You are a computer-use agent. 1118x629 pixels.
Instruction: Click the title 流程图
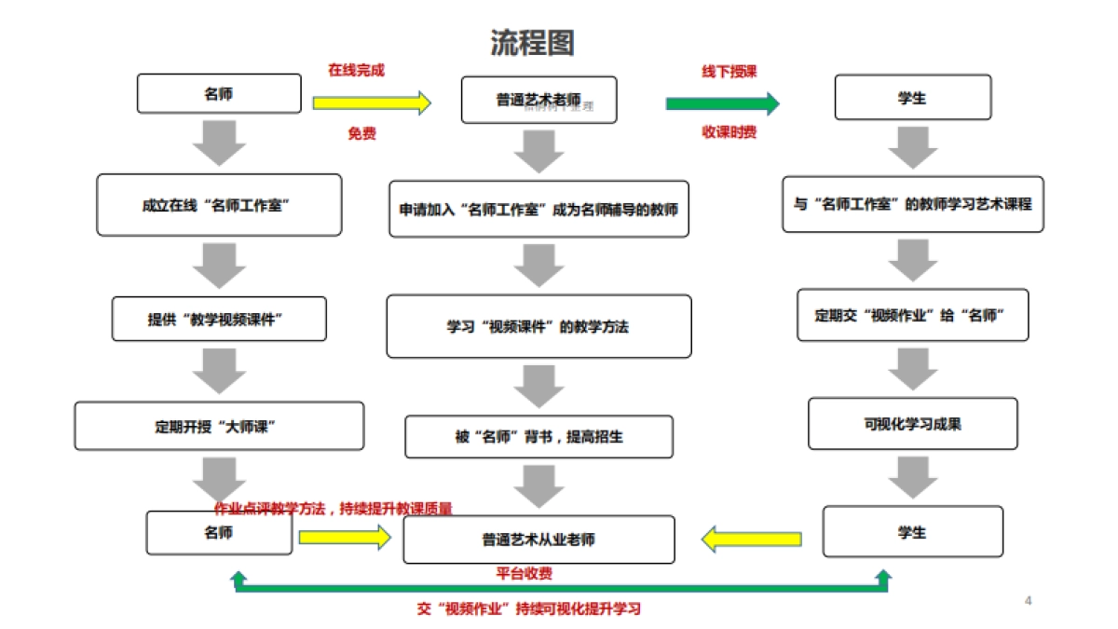coord(533,43)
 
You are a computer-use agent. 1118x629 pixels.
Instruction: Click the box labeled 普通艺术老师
coord(539,100)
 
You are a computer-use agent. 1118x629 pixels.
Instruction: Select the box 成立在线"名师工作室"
coord(219,205)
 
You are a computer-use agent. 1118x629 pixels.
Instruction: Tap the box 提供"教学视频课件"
coord(219,320)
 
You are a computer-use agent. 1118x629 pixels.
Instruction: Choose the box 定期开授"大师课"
coord(219,426)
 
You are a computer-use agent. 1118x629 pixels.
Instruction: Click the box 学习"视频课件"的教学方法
coord(539,327)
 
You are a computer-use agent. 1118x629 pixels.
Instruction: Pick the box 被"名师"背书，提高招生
coord(539,436)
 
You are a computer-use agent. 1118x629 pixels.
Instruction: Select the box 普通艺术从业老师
coord(539,540)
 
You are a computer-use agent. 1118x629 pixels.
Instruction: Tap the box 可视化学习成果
coord(912,424)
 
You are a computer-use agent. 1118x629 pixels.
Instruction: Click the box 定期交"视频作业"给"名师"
coord(912,315)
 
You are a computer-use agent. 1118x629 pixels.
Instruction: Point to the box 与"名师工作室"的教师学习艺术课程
coord(912,204)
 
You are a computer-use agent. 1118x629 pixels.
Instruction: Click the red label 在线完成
coord(356,70)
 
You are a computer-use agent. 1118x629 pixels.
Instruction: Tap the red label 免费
coord(361,134)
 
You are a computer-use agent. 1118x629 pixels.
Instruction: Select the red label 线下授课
coord(729,72)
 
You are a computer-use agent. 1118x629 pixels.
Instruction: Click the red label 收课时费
coord(729,132)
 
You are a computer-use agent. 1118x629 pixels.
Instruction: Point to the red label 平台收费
coord(524,574)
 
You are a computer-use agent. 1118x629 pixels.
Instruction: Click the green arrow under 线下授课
coord(722,103)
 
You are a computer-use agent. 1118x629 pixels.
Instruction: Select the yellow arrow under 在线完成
coord(372,102)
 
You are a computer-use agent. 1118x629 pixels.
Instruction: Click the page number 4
coord(1028,600)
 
